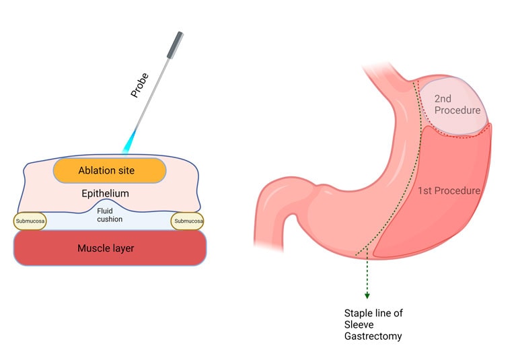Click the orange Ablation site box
coord(109,170)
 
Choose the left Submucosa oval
coord(30,221)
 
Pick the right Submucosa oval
coord(188,221)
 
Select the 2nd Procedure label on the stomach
coord(457,104)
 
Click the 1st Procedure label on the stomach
coord(449,190)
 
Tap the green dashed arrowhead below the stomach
coord(367,295)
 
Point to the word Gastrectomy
coord(374,336)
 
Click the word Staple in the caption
coord(358,314)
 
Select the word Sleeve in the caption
coord(357,324)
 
